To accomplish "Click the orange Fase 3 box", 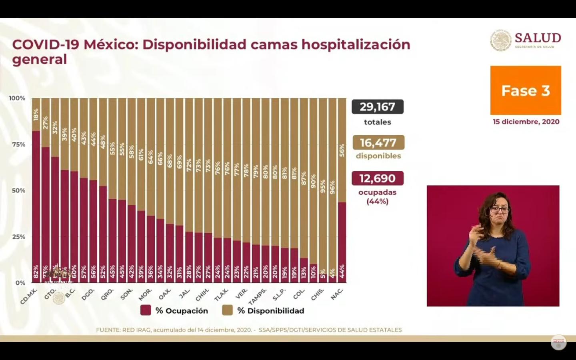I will point(526,90).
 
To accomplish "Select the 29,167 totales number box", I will point(378,107).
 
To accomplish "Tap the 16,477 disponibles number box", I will point(378,142).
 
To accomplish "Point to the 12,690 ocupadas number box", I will point(378,178).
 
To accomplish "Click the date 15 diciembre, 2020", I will point(526,122).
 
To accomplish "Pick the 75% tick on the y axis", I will point(18,144).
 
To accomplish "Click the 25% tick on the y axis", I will point(18,237).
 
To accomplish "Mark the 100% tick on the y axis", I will point(17,98).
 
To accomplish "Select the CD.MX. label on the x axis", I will point(28,296).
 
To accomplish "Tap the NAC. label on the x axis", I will point(337,294).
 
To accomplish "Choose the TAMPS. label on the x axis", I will point(258,296).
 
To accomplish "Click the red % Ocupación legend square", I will point(146,310).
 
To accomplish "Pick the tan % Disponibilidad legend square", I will point(227,310).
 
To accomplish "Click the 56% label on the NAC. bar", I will point(342,150).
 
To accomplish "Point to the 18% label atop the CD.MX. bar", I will point(36,114).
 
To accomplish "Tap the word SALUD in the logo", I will point(538,38).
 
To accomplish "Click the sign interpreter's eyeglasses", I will point(499,209).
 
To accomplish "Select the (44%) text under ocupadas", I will point(377,201).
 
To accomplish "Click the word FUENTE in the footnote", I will point(108,330).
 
